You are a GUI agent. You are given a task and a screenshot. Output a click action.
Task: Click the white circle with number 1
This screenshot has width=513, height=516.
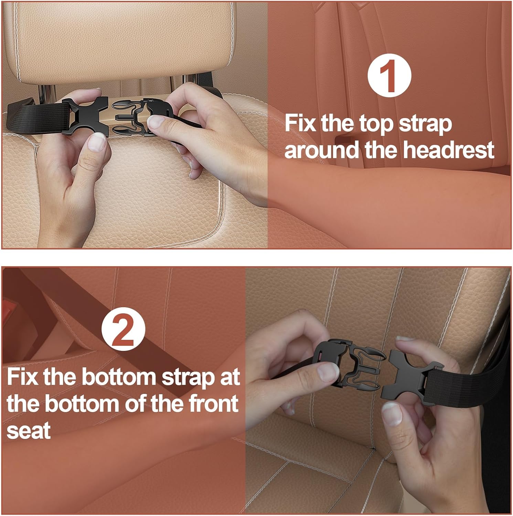tap(389, 76)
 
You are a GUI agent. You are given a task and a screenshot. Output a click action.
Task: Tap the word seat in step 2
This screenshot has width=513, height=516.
tap(29, 431)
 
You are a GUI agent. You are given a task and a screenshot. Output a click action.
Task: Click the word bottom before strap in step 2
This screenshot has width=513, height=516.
tap(120, 377)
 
